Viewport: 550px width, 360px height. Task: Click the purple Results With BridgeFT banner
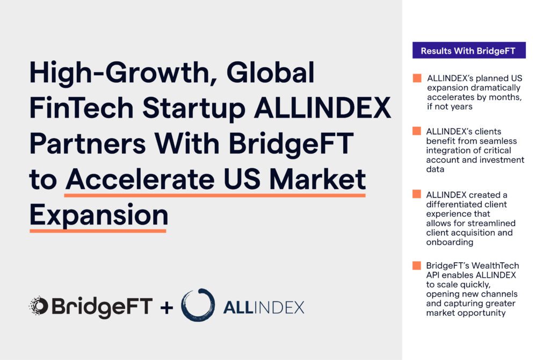(469, 50)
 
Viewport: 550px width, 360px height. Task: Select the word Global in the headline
(271, 73)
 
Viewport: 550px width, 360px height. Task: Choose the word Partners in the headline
(88, 143)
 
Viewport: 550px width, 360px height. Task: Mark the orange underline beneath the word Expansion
(98, 231)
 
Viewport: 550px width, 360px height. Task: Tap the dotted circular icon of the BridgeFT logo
(39, 305)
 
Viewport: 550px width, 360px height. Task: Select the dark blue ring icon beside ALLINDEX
(198, 305)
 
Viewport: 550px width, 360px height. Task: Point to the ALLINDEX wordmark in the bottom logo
(264, 308)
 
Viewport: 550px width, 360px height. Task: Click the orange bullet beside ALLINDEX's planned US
(417, 78)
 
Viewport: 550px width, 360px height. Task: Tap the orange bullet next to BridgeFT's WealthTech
(417, 265)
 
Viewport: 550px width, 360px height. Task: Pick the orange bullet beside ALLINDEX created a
(417, 194)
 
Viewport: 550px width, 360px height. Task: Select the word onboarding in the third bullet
(450, 242)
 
